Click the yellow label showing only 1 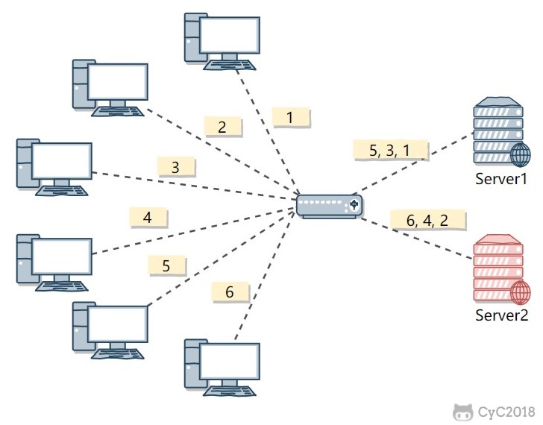[x=290, y=116]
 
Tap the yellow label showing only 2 [x=222, y=127]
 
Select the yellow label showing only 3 [x=176, y=167]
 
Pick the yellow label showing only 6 [x=230, y=292]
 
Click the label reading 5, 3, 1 [x=390, y=150]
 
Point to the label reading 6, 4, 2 [x=428, y=221]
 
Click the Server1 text [x=502, y=179]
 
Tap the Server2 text [x=502, y=315]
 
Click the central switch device [x=329, y=204]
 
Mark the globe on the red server [x=521, y=293]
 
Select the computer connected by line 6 [x=222, y=365]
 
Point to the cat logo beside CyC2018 [x=462, y=411]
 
